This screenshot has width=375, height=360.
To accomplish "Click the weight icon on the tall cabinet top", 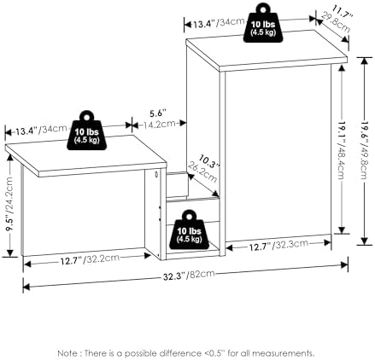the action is click(263, 23).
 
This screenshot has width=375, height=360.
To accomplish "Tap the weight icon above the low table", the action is click(87, 131).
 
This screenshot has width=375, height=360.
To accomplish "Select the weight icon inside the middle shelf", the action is click(190, 229).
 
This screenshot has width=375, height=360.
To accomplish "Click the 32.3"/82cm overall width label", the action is click(189, 275).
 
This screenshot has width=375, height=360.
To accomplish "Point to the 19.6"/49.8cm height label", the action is click(365, 151).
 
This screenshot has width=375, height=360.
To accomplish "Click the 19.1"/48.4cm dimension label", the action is click(342, 150).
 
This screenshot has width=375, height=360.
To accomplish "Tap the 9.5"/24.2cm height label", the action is click(9, 204).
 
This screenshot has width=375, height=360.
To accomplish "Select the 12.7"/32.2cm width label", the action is click(90, 259).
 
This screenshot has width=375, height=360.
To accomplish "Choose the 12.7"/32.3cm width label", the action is click(279, 246).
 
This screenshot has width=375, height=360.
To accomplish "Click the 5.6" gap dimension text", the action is click(158, 113).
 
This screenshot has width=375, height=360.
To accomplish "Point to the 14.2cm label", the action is click(159, 124).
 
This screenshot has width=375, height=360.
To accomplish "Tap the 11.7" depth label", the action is click(343, 12).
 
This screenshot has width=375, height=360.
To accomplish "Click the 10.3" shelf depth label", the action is click(209, 161).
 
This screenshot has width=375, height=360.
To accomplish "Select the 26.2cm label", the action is click(202, 172).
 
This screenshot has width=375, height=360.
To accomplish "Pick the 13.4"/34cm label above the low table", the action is click(41, 131).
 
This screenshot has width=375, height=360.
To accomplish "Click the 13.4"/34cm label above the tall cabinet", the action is click(219, 23).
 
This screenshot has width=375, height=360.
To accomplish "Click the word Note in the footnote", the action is click(67, 353).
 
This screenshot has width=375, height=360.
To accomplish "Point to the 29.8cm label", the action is click(336, 22).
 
